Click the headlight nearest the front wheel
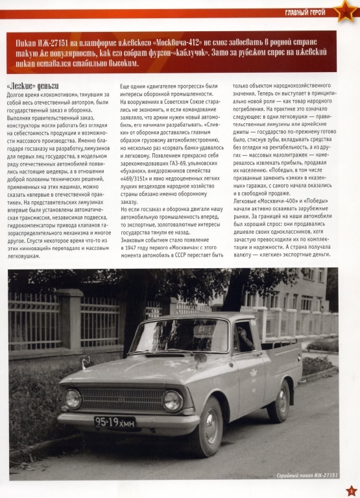click(x=173, y=401)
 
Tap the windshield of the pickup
click(x=180, y=335)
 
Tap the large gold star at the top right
click(x=342, y=11)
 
